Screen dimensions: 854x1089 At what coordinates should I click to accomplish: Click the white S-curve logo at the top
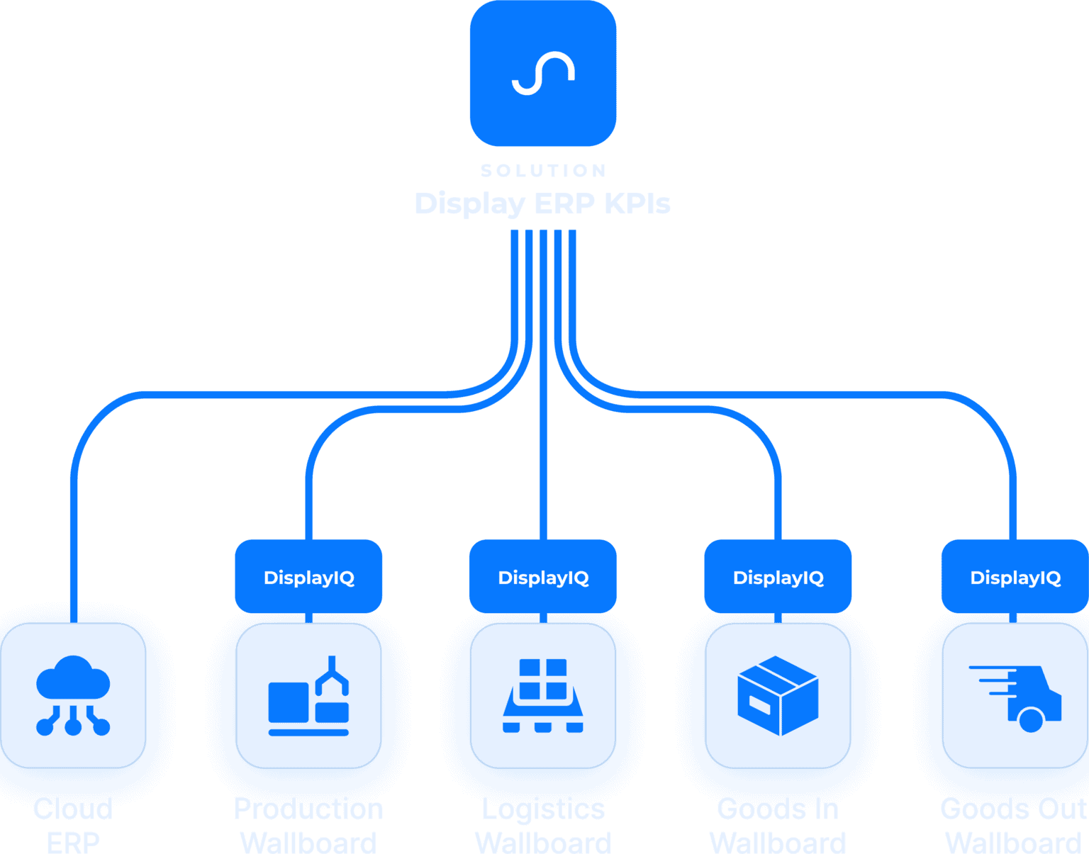pos(543,73)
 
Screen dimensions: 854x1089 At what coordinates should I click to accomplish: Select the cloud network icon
pos(73,695)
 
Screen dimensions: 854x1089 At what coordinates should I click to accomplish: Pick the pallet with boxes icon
pos(543,695)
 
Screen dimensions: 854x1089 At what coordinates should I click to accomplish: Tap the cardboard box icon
pos(778,695)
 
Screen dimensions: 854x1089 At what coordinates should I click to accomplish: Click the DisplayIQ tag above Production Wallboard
pos(309,578)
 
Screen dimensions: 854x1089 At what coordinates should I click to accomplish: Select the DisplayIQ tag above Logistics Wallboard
pos(544,578)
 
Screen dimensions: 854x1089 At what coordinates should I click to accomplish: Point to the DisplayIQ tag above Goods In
pos(778,578)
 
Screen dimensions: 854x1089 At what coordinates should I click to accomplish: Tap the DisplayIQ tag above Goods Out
pos(1015,578)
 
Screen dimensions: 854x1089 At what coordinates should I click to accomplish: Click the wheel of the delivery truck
pos(1030,720)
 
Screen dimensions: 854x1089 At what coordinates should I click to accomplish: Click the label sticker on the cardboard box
pos(759,704)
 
